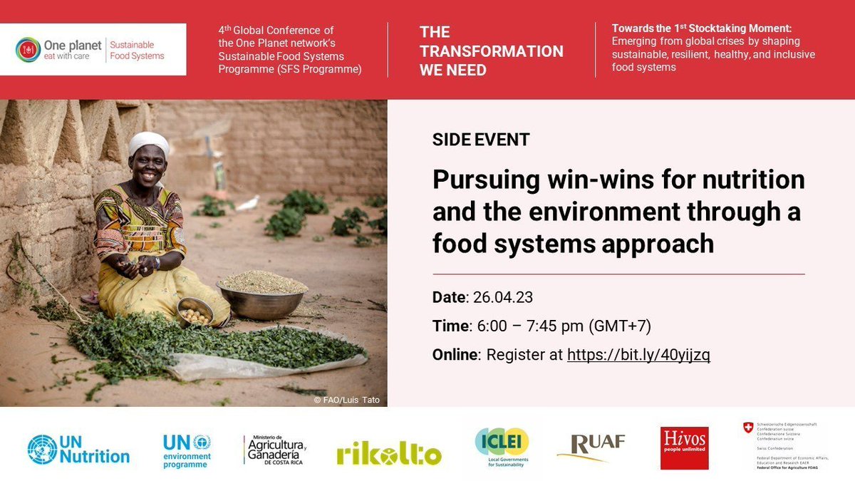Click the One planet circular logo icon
click(x=28, y=50)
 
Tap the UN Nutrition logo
click(x=78, y=449)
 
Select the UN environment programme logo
click(x=187, y=450)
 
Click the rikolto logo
click(x=389, y=452)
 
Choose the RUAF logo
click(x=591, y=448)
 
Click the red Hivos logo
click(x=684, y=448)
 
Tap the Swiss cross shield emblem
click(x=747, y=428)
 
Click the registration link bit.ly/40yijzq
click(x=638, y=355)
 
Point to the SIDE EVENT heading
click(x=481, y=140)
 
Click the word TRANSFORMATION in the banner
click(x=492, y=51)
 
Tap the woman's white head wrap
click(x=149, y=143)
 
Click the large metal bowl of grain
click(x=262, y=293)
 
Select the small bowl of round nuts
click(x=195, y=312)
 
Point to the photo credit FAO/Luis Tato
click(x=347, y=400)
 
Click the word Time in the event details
click(x=450, y=326)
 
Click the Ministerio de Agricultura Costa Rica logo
click(x=274, y=449)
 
